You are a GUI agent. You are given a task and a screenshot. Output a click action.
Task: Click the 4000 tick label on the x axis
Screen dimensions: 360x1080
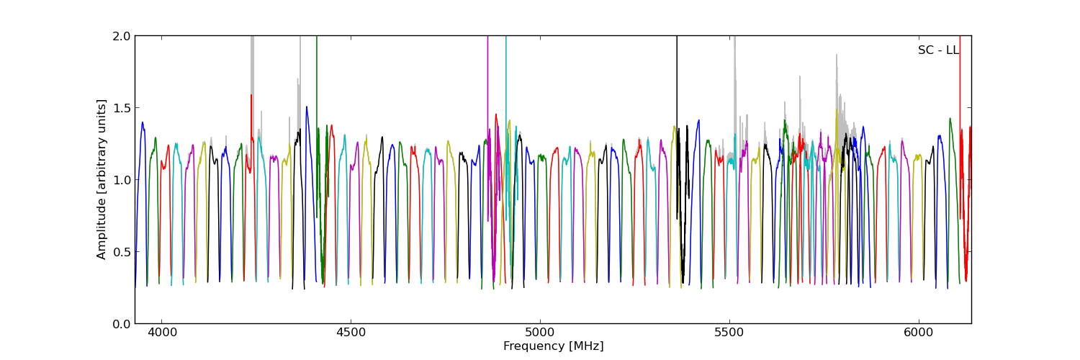(161, 333)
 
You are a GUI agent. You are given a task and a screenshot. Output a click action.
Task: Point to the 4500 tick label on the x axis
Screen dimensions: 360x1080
(351, 333)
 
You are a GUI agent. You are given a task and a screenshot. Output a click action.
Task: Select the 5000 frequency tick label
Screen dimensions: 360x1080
(540, 333)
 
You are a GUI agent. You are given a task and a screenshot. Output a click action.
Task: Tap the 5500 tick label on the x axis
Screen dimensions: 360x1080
(729, 333)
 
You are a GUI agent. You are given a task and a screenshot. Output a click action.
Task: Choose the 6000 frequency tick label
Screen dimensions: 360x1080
(919, 333)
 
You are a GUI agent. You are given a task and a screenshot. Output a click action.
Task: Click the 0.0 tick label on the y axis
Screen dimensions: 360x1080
(122, 324)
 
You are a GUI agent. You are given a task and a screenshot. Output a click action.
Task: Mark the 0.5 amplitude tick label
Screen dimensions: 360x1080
(122, 252)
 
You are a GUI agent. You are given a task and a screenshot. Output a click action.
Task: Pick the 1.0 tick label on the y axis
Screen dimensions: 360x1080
(122, 180)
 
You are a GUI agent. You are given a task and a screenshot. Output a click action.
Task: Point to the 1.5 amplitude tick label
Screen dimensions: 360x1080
(122, 108)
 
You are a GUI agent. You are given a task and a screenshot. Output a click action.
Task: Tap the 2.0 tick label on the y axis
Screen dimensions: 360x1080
(122, 36)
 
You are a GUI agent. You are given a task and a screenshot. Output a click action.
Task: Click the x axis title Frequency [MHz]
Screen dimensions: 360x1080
(553, 346)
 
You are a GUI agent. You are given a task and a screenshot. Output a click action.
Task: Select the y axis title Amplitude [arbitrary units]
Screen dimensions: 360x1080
(102, 179)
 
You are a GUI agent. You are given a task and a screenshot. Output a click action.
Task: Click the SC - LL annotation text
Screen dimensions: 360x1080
(938, 50)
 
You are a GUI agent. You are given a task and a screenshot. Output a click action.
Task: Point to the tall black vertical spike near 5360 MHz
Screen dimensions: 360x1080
(677, 86)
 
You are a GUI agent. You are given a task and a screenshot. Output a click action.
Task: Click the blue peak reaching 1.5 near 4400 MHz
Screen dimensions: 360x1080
(307, 108)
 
